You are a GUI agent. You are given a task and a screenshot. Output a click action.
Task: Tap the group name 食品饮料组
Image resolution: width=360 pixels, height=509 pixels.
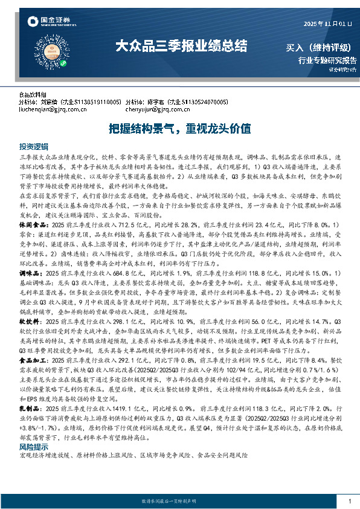33,95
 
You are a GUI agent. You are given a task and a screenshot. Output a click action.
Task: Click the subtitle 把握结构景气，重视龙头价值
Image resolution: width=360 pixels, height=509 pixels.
179,129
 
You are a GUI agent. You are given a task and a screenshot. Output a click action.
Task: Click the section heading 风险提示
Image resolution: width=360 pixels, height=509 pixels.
33,463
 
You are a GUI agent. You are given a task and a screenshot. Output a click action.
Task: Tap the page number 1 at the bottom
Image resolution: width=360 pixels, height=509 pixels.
350,502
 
